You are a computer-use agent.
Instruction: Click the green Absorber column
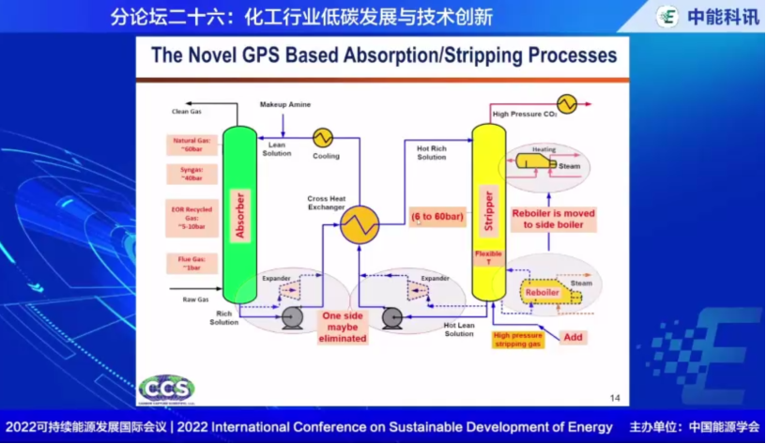point(238,216)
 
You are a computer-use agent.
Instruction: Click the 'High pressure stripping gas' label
point(518,340)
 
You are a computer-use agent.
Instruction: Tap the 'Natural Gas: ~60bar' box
point(191,145)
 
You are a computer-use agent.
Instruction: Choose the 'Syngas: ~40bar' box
point(191,174)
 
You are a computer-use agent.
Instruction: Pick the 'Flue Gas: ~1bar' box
point(191,264)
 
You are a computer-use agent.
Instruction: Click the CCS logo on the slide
point(166,389)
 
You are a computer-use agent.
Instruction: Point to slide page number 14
point(616,397)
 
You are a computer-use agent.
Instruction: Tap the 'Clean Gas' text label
point(186,112)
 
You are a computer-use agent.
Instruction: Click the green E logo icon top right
point(667,17)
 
